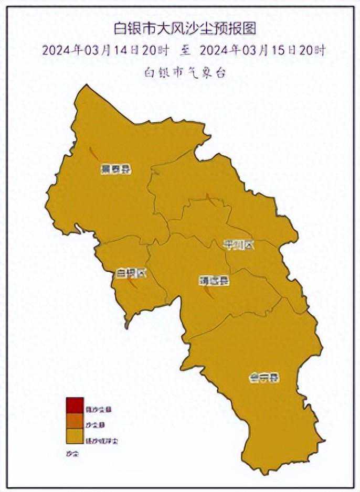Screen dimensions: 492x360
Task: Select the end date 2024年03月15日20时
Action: [x=262, y=50]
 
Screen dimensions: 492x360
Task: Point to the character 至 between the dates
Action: [x=184, y=51]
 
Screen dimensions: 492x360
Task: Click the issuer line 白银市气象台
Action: [x=185, y=72]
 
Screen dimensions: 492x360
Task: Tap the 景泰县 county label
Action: [x=115, y=169]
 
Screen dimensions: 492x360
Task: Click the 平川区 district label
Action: [x=238, y=244]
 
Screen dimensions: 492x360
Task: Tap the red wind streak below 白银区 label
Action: [x=133, y=284]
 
